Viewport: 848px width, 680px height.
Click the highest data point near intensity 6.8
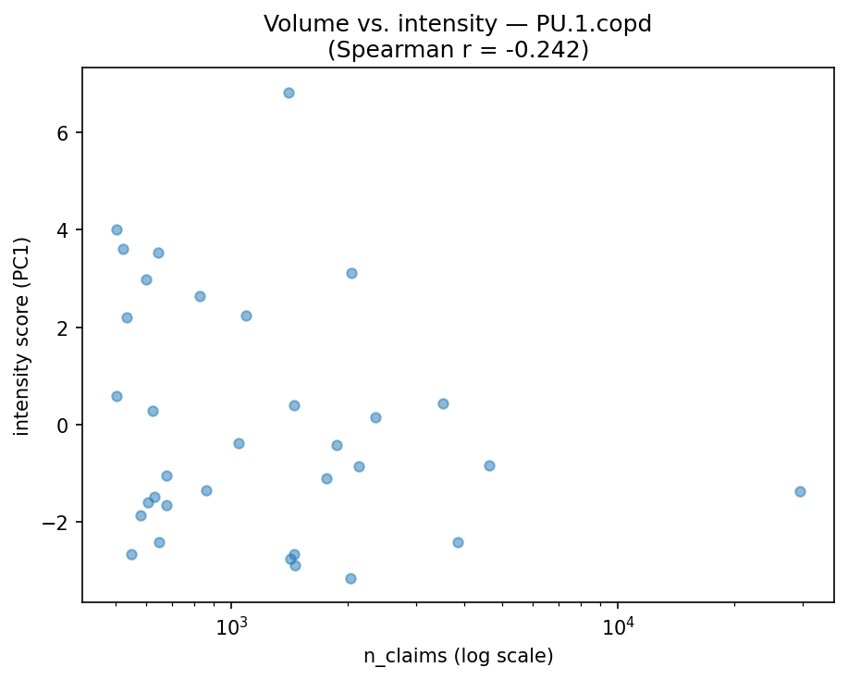tap(289, 93)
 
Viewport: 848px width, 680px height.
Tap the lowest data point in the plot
tap(350, 578)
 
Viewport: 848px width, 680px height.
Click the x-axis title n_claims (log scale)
tap(458, 657)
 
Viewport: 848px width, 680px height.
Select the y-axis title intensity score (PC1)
tap(22, 336)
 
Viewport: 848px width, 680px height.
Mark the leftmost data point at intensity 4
tap(117, 229)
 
